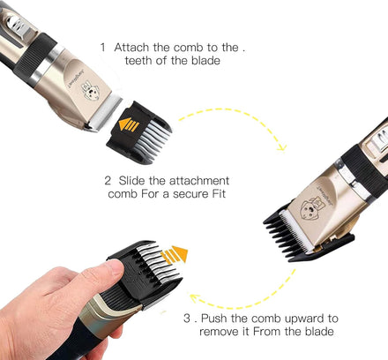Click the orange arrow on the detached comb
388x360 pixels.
[129, 124]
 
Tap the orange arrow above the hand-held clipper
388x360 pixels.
[175, 255]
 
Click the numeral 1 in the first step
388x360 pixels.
[103, 48]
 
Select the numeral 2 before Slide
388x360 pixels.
[108, 181]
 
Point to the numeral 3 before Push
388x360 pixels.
[187, 319]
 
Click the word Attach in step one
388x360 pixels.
[132, 48]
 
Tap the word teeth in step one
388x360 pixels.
[138, 61]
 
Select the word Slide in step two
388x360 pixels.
[132, 180]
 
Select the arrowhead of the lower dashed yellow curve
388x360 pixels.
[194, 298]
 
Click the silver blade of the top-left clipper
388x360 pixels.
[104, 114]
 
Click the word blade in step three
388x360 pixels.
[319, 332]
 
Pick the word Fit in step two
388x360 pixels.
[219, 194]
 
